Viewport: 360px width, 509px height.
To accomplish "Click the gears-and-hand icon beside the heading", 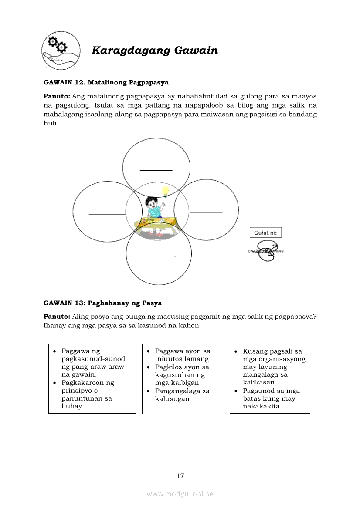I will [61, 51].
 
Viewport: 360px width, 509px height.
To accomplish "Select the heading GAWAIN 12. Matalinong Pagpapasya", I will [106, 82].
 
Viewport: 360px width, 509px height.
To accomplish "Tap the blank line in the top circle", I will [156, 170].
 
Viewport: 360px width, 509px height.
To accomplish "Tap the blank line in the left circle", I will [107, 214].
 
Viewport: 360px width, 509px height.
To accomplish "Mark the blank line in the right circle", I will [206, 213].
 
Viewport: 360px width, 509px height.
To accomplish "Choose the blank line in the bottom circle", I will [159, 256].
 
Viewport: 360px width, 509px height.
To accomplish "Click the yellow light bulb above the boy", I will [165, 191].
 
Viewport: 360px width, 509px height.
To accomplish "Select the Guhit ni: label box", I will [265, 233].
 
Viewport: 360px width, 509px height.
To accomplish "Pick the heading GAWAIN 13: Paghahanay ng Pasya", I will [103, 303].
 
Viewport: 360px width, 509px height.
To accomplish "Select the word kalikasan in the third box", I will [259, 382].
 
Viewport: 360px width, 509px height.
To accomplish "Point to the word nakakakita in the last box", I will [261, 406].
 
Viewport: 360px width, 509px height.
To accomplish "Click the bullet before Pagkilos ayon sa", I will [148, 367].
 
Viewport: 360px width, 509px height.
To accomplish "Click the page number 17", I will [180, 476].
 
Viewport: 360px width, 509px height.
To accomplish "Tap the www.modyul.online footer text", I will [180, 494].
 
